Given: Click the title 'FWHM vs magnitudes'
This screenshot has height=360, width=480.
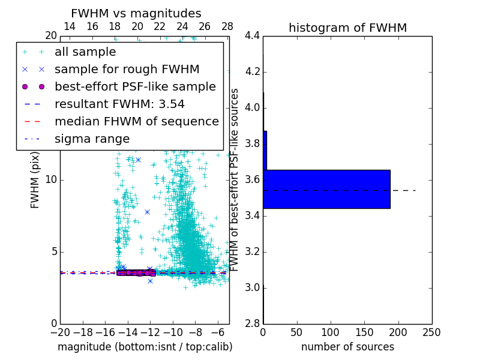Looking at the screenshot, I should click(136, 13).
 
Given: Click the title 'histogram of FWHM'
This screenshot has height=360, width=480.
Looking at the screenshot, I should click(347, 28).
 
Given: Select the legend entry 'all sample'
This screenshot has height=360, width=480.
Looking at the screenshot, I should click(85, 52).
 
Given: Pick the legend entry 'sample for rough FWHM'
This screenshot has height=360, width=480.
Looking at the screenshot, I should click(127, 69).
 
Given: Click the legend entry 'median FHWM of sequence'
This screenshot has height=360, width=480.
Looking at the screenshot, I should click(136, 121).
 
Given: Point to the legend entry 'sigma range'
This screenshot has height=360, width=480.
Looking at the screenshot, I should click(92, 139).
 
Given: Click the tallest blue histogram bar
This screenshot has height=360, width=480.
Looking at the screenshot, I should click(326, 189).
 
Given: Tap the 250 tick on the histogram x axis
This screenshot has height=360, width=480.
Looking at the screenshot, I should click(431, 332).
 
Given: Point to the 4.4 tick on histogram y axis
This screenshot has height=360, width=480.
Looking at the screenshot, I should click(252, 36).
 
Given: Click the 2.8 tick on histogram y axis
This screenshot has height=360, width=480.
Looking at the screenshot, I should click(252, 323).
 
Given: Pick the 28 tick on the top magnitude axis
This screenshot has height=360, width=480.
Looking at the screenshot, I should click(227, 27).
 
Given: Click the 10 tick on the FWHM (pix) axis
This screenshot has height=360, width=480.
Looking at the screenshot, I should click(51, 180).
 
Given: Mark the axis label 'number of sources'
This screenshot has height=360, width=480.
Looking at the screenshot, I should click(347, 347).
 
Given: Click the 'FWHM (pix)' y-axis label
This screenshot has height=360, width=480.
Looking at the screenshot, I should click(35, 180).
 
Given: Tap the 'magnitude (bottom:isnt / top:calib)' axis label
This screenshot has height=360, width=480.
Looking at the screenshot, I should click(145, 347).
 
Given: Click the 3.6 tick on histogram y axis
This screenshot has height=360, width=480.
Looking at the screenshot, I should click(252, 180).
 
